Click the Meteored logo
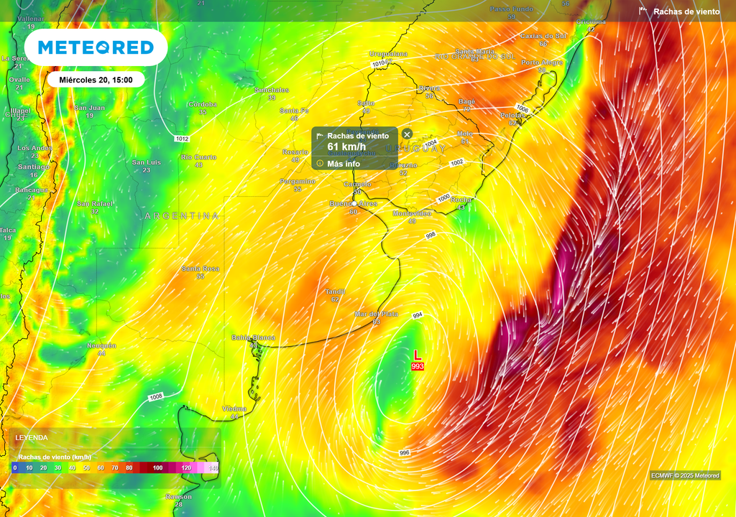[96, 47]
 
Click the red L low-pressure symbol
[418, 355]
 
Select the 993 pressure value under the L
[418, 366]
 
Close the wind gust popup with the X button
[407, 134]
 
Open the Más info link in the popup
[344, 164]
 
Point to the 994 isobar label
[417, 316]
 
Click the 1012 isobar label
[182, 139]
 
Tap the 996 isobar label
[405, 452]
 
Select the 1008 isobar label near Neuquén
[156, 397]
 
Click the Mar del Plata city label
[376, 315]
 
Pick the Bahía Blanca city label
[253, 337]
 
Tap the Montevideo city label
[412, 213]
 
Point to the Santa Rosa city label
[200, 269]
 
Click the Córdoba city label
[203, 104]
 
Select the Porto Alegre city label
[542, 62]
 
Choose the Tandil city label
[335, 292]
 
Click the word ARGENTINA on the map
[182, 215]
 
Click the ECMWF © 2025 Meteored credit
[685, 475]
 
